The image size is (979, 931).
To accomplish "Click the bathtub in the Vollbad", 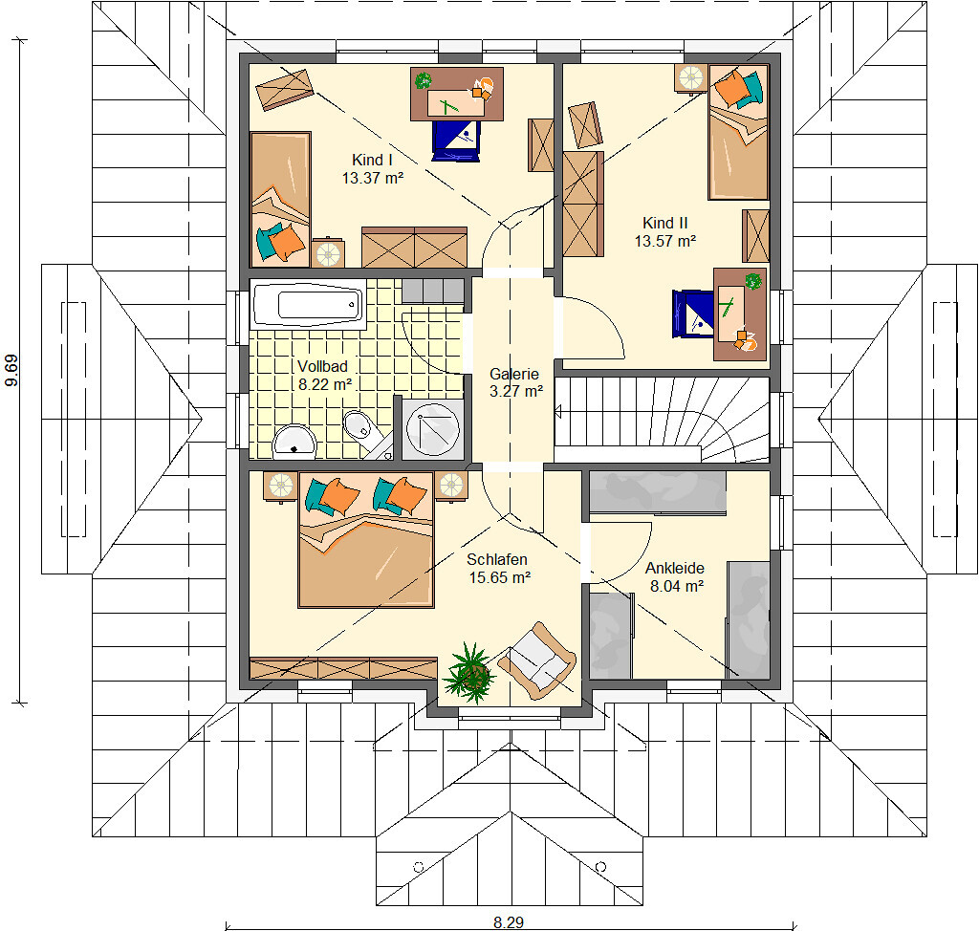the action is coord(308,304).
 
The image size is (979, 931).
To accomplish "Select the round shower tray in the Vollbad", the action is coord(432,428).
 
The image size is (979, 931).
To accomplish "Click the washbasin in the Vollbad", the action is coord(294,441).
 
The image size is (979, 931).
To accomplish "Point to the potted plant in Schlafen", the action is coord(469,674).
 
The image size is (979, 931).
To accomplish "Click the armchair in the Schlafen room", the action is coord(537,660).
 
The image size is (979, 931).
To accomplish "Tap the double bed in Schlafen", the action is coord(366,539).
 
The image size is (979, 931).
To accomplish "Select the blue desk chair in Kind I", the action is coord(456,141).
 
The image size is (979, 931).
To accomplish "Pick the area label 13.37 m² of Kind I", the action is coord(373,178).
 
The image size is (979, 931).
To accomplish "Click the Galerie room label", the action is coord(513,374).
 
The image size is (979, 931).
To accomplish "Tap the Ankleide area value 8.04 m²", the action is coord(677,586).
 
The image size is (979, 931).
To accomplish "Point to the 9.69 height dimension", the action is coord(11,370).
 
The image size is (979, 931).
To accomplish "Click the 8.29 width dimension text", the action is coord(509,922).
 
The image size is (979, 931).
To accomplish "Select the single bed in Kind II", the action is coord(738,132).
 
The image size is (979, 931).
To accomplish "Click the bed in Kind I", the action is coord(280,199).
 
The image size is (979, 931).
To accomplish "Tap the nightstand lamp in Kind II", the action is coord(690,78).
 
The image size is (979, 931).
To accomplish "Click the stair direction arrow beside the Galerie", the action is coord(558,411).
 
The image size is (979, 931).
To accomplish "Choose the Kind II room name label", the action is coord(665,223).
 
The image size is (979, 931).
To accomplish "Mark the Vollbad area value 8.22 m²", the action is coord(325,384).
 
